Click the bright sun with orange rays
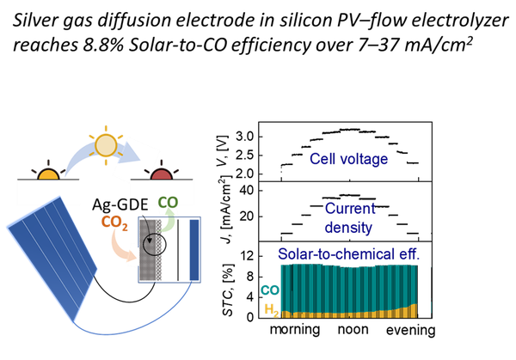106,144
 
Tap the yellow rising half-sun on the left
48,174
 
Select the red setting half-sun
161,175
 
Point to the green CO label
168,203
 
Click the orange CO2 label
114,223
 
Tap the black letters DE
138,204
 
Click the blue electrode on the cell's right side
193,249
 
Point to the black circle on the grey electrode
154,244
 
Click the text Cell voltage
348,159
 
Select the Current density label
349,218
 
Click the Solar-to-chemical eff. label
348,253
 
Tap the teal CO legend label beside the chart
270,290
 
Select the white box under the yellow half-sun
48,193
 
